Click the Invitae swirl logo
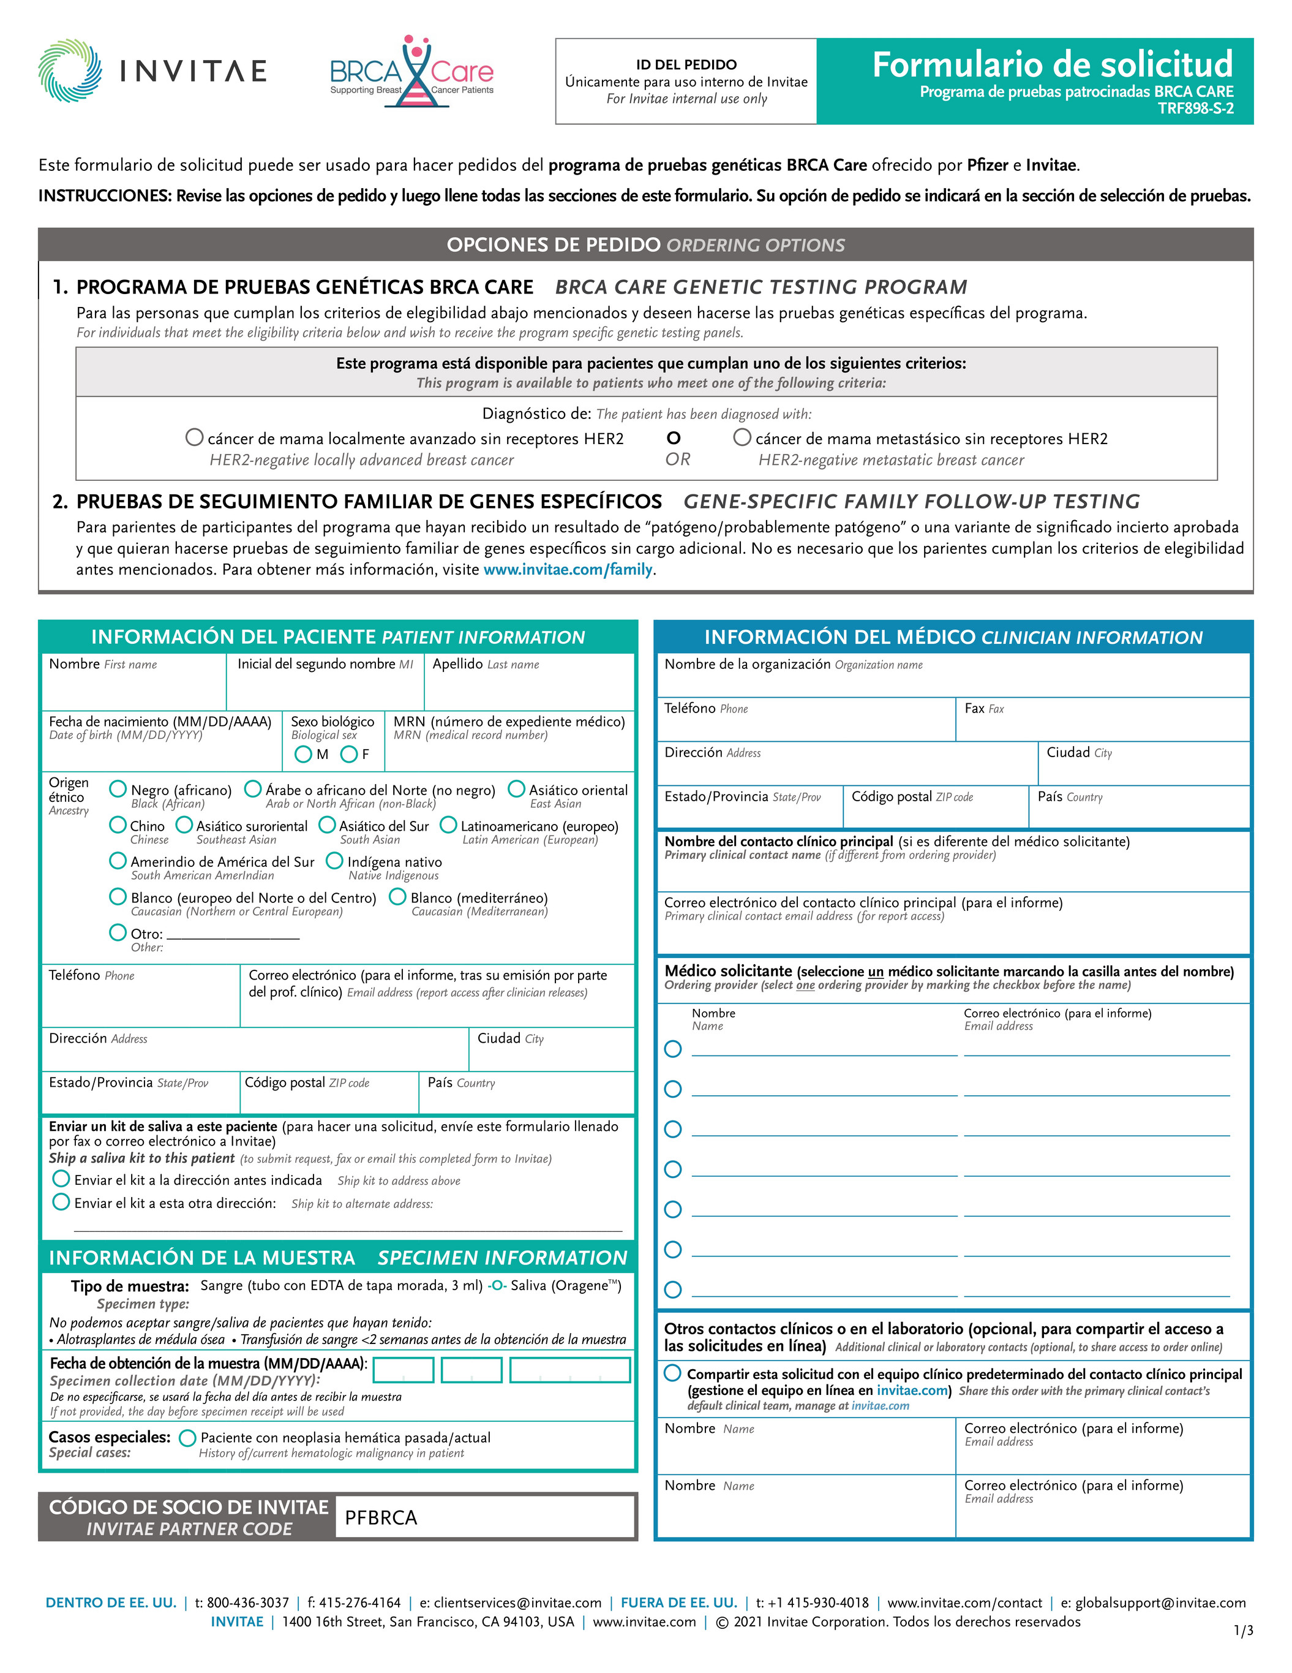(x=70, y=70)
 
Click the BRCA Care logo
(x=411, y=72)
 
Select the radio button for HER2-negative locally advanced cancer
(x=195, y=437)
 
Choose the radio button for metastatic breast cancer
(x=742, y=437)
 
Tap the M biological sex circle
(x=303, y=755)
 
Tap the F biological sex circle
(x=349, y=755)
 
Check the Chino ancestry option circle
(x=118, y=825)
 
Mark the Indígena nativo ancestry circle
(x=335, y=861)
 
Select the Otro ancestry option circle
(x=118, y=932)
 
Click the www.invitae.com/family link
(x=568, y=569)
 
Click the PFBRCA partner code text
(x=381, y=1517)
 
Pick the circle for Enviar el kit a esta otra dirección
(x=61, y=1202)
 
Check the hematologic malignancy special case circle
(x=187, y=1438)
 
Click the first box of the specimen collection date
(x=404, y=1370)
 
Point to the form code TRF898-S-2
(x=1195, y=109)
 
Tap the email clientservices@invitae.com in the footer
(x=518, y=1603)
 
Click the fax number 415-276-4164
(x=359, y=1603)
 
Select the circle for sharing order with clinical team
(x=672, y=1373)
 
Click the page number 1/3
(x=1244, y=1631)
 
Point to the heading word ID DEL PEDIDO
(x=686, y=65)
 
